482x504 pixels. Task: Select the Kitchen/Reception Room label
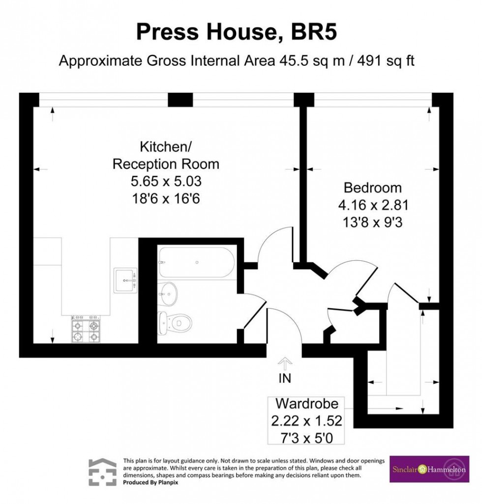click(x=166, y=155)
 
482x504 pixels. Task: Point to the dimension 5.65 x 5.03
click(x=166, y=182)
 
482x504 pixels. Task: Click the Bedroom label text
click(x=372, y=188)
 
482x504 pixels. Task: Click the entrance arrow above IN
click(x=285, y=364)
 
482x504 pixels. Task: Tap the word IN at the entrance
click(x=285, y=378)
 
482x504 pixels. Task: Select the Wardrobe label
click(x=306, y=404)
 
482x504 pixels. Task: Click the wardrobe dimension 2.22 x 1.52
click(x=306, y=421)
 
